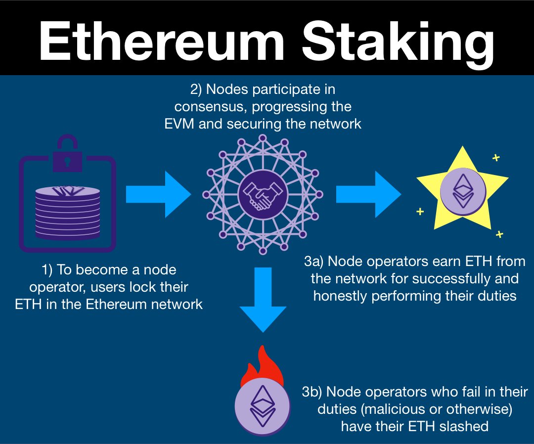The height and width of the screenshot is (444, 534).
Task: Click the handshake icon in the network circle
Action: [263, 194]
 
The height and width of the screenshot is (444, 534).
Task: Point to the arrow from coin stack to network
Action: [158, 194]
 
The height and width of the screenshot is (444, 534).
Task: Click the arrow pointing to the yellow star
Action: [368, 194]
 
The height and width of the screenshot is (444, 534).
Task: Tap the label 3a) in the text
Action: [314, 261]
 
